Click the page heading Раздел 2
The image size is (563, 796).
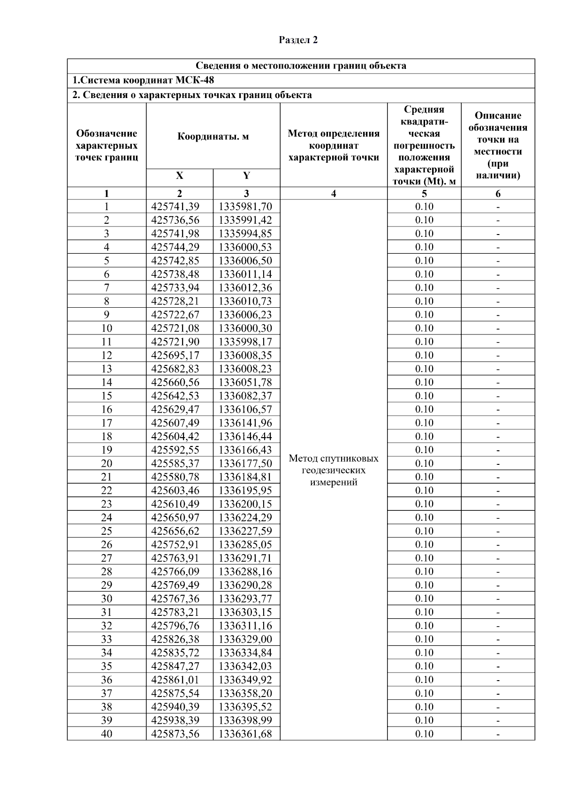pyautogui.click(x=298, y=40)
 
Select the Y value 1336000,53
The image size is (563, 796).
pyautogui.click(x=245, y=247)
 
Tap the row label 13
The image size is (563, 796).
pyautogui.click(x=107, y=369)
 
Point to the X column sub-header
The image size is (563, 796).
pyautogui.click(x=179, y=176)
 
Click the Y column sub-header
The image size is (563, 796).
pyautogui.click(x=246, y=176)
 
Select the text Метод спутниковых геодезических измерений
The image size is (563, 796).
pyautogui.click(x=334, y=470)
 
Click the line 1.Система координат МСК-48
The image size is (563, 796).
pyautogui.click(x=143, y=80)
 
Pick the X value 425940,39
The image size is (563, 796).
pyautogui.click(x=175, y=707)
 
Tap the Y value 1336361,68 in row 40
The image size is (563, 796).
pyautogui.click(x=245, y=734)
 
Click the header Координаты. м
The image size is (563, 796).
pyautogui.click(x=213, y=136)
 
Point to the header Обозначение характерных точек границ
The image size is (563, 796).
pyautogui.click(x=107, y=145)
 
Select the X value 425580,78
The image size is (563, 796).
pyautogui.click(x=175, y=477)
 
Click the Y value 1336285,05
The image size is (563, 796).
pyautogui.click(x=245, y=545)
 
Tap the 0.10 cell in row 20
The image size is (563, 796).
pyautogui.click(x=424, y=463)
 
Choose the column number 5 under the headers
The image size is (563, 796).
pyautogui.click(x=424, y=193)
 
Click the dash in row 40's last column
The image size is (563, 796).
pyautogui.click(x=498, y=735)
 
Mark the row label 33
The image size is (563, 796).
pyautogui.click(x=107, y=639)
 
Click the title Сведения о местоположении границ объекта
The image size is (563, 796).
pyautogui.click(x=301, y=66)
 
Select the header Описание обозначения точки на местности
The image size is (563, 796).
pyautogui.click(x=498, y=145)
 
